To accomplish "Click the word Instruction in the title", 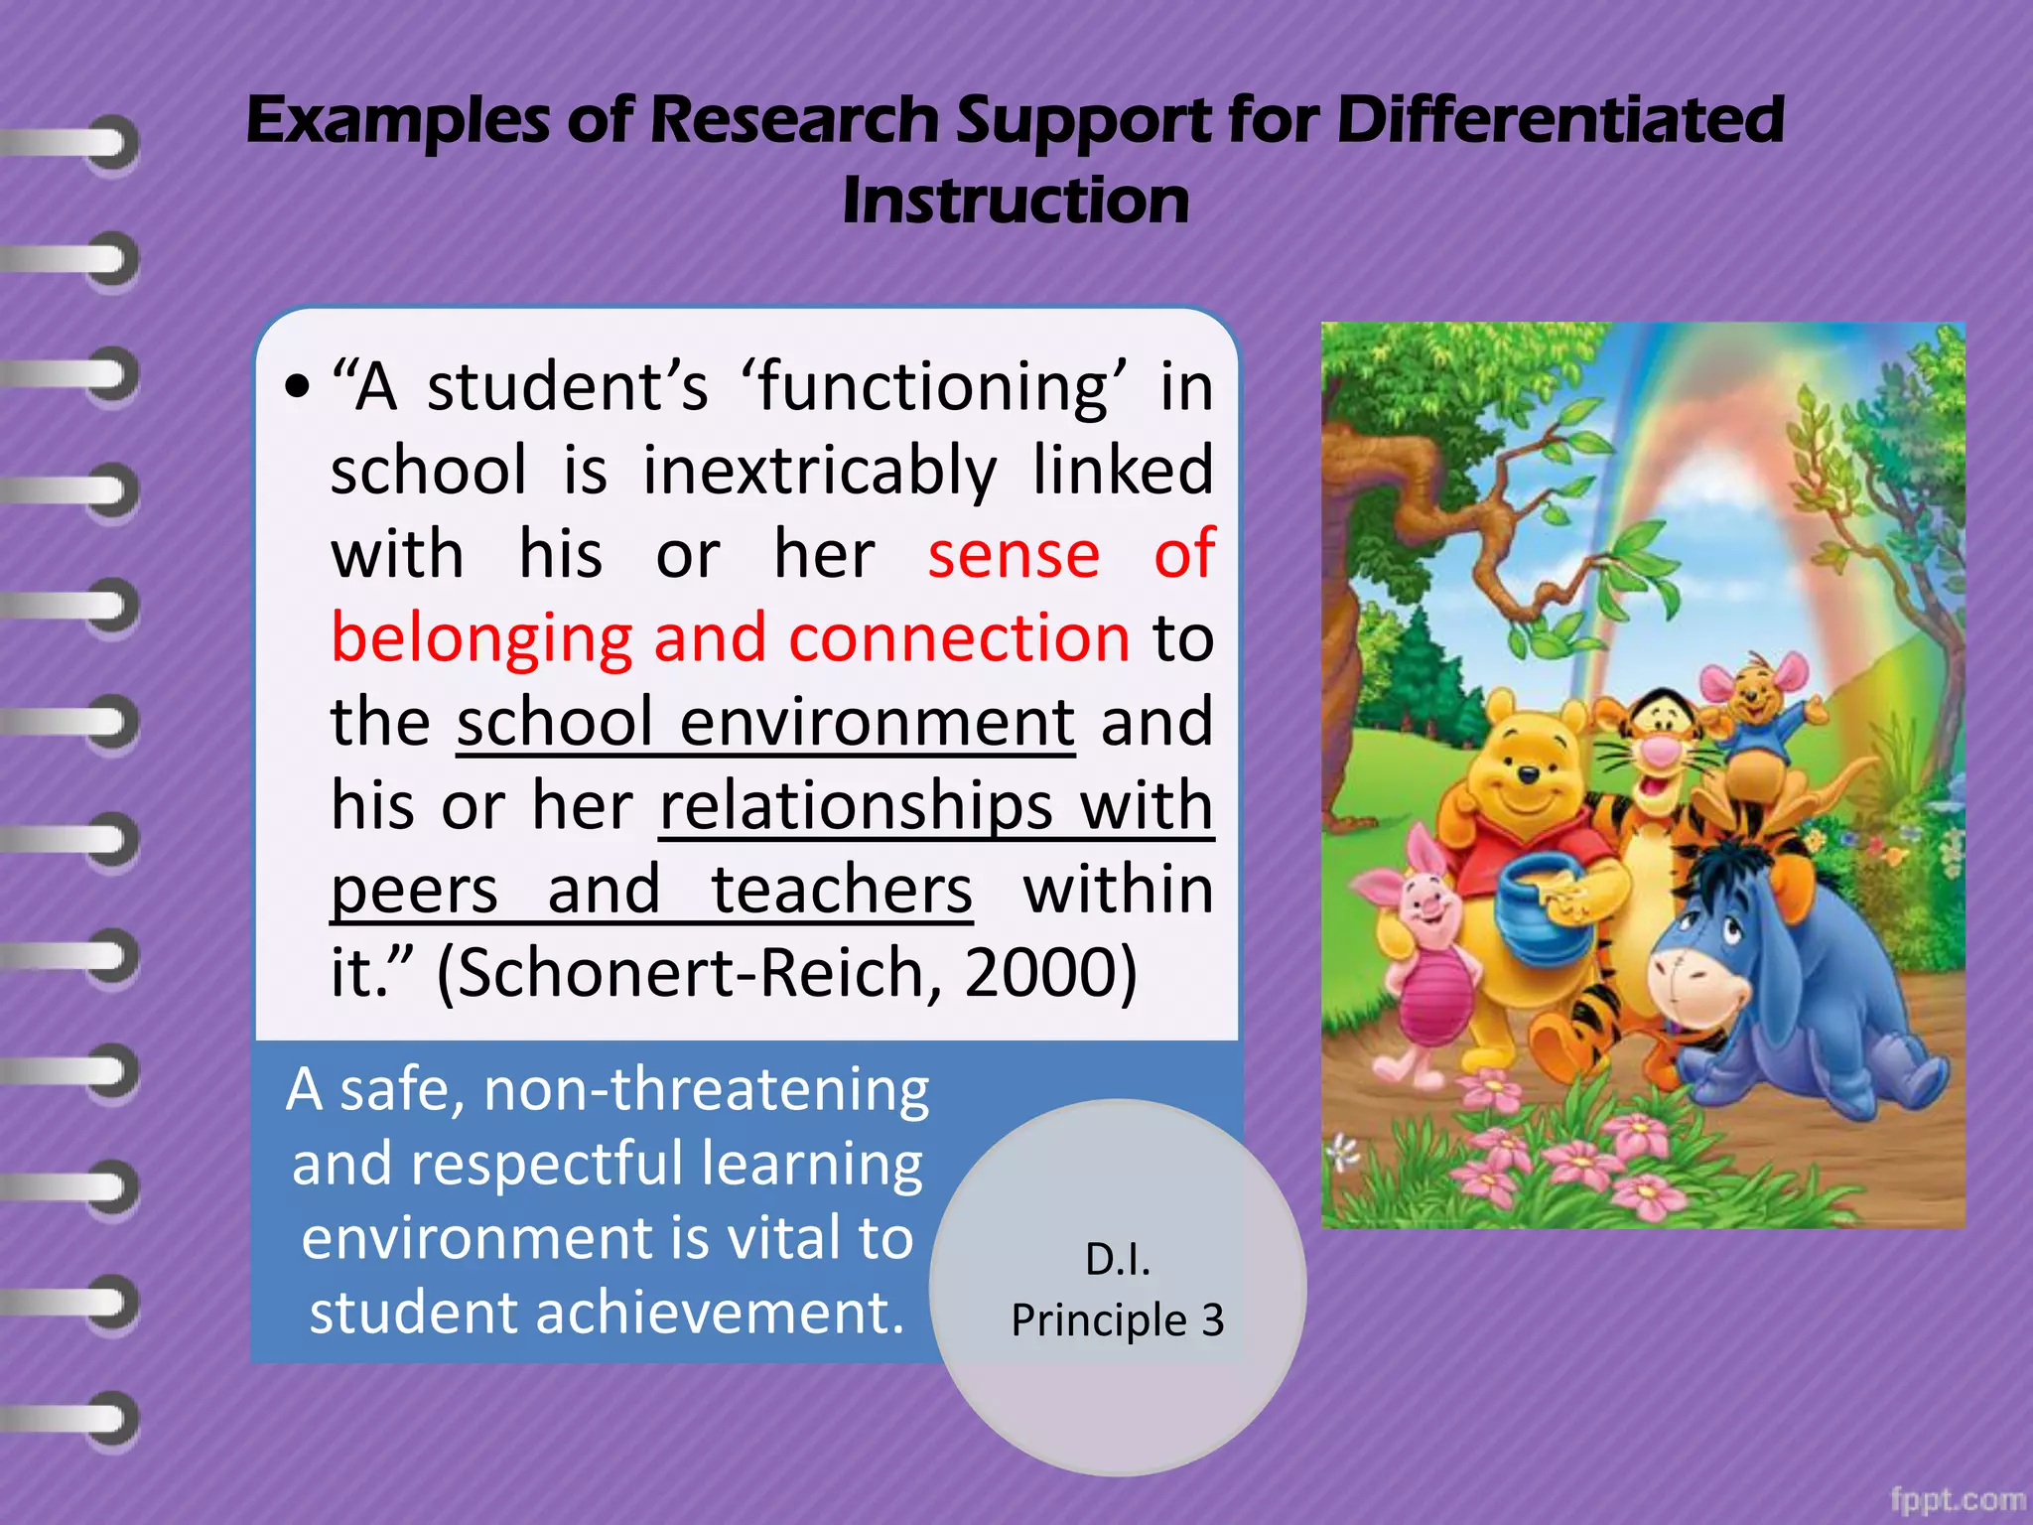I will [1015, 201].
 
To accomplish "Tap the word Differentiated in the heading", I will [1559, 120].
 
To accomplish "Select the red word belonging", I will [481, 638].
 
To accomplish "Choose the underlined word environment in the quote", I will [877, 722].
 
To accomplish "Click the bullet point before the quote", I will [296, 388].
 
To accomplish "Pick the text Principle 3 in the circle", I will [1118, 1320].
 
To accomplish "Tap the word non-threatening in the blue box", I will [706, 1089].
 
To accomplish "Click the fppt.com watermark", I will [1957, 1499].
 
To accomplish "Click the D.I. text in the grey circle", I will [1118, 1259].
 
